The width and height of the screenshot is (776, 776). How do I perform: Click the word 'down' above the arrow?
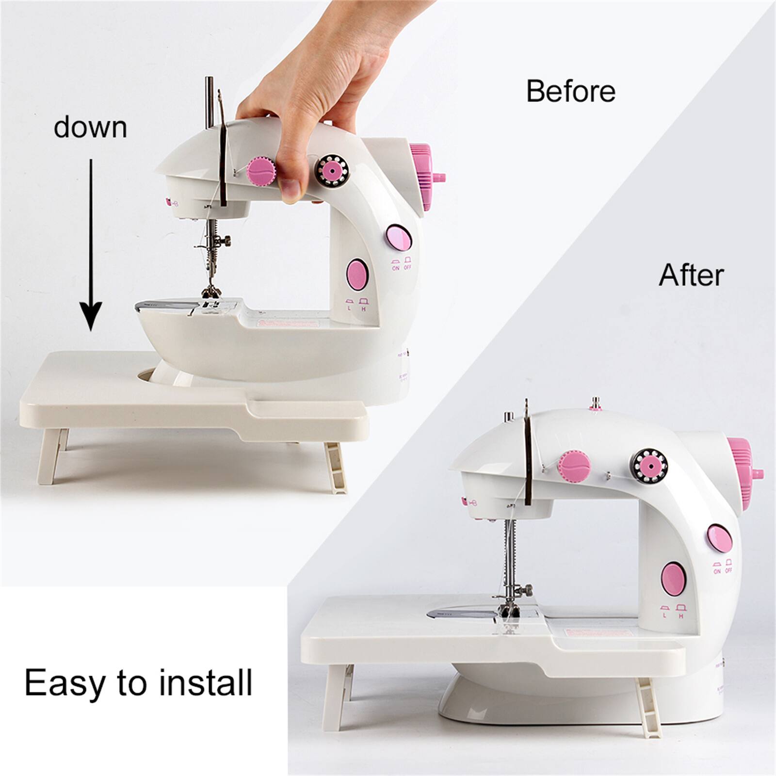pos(90,127)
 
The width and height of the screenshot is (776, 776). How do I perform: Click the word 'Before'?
pos(571,91)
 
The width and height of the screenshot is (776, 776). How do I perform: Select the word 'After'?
pos(691,275)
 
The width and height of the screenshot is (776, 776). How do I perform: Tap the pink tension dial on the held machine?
pos(261,172)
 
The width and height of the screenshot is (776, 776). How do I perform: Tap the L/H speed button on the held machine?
pos(358,274)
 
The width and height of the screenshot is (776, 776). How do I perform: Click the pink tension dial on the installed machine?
pos(574,465)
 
